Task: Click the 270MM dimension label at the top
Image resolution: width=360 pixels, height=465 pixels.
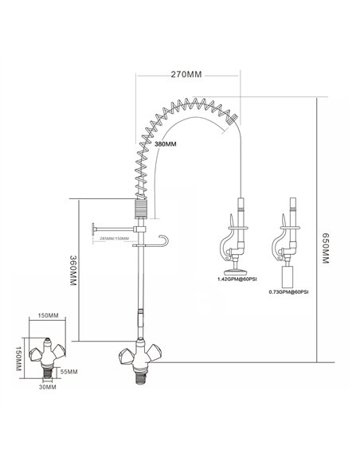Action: click(186, 73)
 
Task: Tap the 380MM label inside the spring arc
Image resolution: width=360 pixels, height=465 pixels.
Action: click(165, 144)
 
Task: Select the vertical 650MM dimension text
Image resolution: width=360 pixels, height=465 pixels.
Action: click(327, 254)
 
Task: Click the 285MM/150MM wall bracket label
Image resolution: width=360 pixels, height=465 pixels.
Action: click(111, 239)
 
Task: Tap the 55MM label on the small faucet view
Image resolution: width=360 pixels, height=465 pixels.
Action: click(68, 373)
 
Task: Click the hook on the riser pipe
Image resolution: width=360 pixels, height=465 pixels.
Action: click(164, 240)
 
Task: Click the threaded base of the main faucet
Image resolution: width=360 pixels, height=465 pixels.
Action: click(140, 376)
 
